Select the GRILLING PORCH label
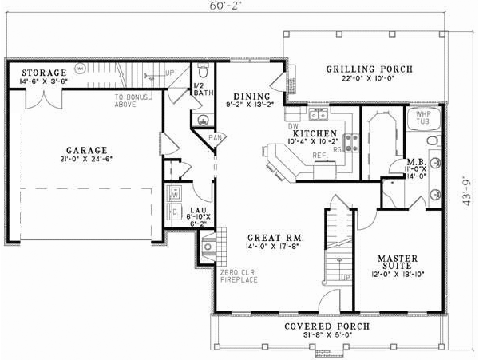coord(369,69)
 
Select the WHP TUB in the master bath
coord(422,120)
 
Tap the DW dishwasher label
coord(292,126)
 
